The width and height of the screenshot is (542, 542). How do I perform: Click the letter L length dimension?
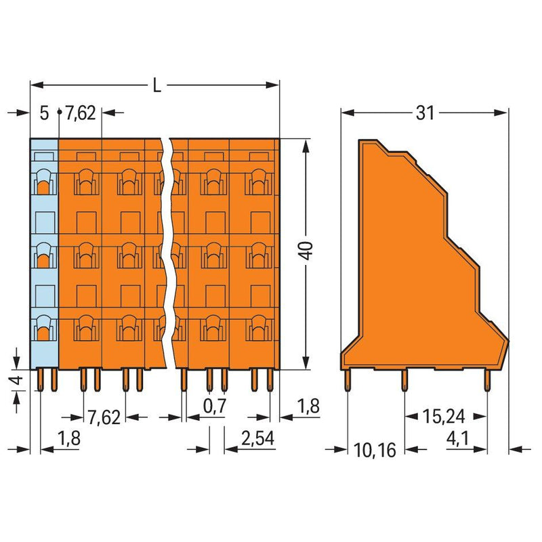(157, 85)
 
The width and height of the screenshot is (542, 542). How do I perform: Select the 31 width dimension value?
(425, 112)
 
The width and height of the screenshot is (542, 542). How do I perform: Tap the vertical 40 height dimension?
(306, 251)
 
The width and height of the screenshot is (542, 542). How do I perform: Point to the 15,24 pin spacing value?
(444, 417)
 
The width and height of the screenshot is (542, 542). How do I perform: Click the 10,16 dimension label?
(375, 450)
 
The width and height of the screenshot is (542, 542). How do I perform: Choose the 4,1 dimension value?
(458, 438)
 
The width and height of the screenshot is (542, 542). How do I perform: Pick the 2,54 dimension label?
(258, 438)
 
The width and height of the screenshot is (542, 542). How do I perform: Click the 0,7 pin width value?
(215, 405)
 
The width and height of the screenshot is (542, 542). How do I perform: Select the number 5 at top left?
(44, 113)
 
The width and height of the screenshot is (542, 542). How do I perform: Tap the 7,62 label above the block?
(81, 113)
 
